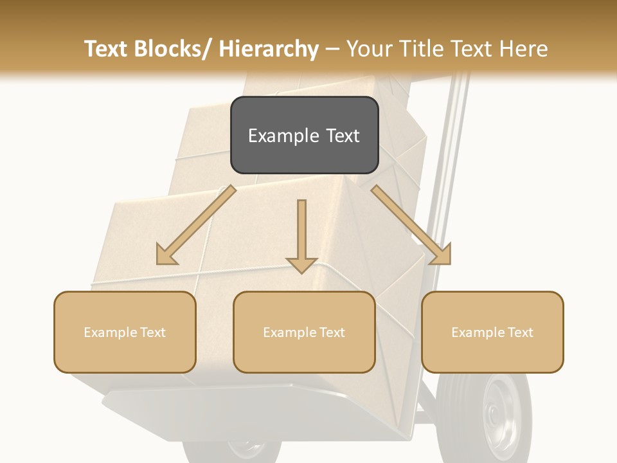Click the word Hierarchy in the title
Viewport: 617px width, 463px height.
pyautogui.click(x=268, y=49)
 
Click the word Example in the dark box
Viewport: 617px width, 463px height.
pyautogui.click(x=276, y=136)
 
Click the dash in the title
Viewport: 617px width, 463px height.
pyautogui.click(x=332, y=49)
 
